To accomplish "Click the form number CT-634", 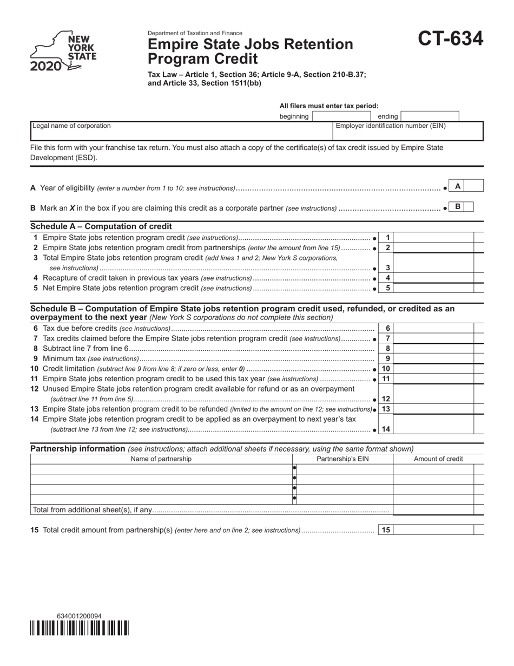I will pos(450,38).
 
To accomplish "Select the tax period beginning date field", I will pos(341,116).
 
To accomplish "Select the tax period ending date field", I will pos(430,116).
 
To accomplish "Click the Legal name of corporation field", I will pos(181,132).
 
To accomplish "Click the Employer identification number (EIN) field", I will pos(407,133).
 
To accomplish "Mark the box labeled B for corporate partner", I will pos(469,207).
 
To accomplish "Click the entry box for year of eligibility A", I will pos(473,186).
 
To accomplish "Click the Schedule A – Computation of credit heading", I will pos(101,226).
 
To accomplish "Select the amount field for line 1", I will pos(434,238).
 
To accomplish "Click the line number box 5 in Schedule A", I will pos(387,288).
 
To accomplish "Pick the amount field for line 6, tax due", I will pos(434,328).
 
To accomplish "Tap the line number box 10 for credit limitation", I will pos(386,369).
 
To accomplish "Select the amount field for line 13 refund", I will pos(434,409).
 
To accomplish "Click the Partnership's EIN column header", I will pos(342,459).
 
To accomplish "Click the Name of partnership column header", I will pos(161,459).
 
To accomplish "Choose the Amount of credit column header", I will pos(438,459).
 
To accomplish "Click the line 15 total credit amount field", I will pos(433,530).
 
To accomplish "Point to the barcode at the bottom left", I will pos(80,628).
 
